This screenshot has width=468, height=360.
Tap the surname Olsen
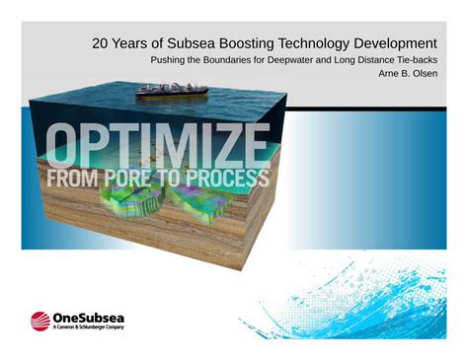click(x=426, y=73)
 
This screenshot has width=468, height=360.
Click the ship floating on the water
click(x=172, y=91)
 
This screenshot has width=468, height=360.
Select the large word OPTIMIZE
click(x=157, y=145)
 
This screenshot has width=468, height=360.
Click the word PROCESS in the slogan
click(x=228, y=179)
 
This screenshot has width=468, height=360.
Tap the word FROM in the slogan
click(x=72, y=179)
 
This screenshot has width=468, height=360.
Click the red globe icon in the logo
click(x=40, y=321)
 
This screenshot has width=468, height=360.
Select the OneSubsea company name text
click(x=89, y=318)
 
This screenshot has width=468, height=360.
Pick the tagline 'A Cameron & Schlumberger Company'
click(x=89, y=327)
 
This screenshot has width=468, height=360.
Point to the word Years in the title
click(x=128, y=43)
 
